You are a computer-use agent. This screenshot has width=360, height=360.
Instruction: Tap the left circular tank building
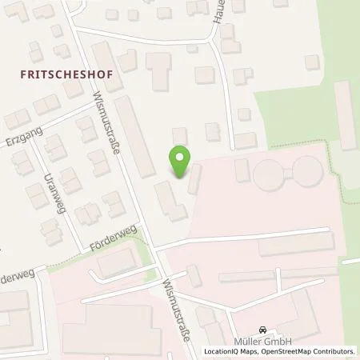[266, 173]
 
